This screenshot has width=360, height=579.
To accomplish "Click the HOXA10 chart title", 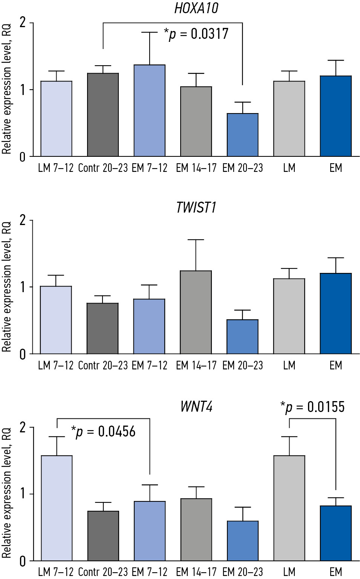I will coord(196,8).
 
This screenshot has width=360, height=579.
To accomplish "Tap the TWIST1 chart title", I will coord(196,208).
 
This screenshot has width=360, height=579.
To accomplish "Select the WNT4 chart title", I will coord(196,407).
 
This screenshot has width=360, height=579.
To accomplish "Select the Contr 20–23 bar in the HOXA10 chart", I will coord(103,115).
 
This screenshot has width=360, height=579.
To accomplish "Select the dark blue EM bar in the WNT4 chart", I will coord(335,533).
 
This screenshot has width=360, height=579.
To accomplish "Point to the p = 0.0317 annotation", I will coord(196,34).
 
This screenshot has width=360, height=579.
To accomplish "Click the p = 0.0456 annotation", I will coord(103,432).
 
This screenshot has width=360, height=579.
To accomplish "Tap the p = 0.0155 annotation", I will coord(313,407).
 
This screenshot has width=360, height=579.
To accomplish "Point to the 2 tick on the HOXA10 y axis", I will coord(23,23).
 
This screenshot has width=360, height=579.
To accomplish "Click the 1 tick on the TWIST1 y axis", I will coord(23,287).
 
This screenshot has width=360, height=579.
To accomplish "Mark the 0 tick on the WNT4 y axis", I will coord(23,561).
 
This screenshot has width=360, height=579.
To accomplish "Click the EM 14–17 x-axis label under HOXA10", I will coord(196,168).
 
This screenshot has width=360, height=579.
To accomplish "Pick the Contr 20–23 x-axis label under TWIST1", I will coord(103,366).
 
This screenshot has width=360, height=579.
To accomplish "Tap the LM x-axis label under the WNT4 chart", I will coord(289,572).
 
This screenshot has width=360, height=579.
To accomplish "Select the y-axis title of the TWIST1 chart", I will coord(6,286).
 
